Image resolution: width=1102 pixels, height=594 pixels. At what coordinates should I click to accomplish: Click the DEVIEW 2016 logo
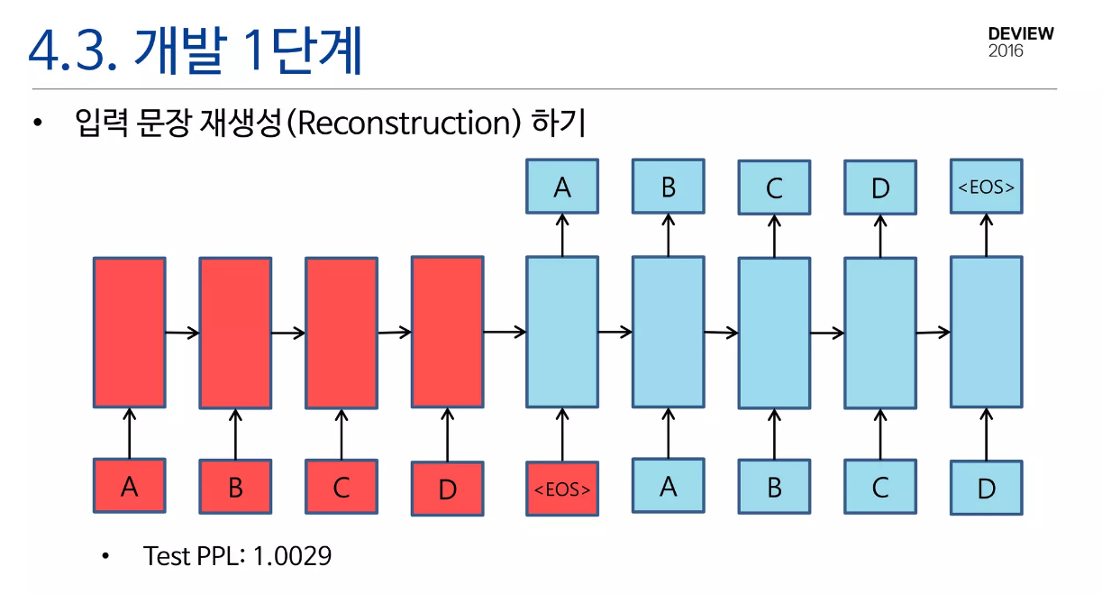pyautogui.click(x=1020, y=41)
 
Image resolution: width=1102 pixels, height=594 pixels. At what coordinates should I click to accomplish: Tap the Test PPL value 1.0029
pyautogui.click(x=292, y=556)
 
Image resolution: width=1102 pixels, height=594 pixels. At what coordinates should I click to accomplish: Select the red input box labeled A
pyautogui.click(x=129, y=487)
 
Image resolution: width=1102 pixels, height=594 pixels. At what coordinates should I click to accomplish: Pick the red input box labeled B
pyautogui.click(x=235, y=488)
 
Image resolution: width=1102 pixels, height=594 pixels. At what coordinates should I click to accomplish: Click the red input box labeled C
pyautogui.click(x=341, y=488)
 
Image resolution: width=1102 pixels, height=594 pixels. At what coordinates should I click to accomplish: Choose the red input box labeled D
pyautogui.click(x=447, y=489)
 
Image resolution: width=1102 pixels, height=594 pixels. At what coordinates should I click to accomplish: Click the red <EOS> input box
pyautogui.click(x=561, y=489)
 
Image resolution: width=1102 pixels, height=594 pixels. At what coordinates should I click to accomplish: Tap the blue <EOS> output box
pyautogui.click(x=986, y=187)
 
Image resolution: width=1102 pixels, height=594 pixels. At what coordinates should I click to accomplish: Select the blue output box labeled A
pyautogui.click(x=562, y=187)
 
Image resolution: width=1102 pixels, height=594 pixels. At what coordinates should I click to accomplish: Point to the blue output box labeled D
pyautogui.click(x=879, y=187)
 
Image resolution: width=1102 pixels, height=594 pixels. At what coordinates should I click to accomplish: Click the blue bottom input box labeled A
pyautogui.click(x=668, y=487)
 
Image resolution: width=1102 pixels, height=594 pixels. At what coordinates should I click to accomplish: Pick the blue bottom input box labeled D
pyautogui.click(x=986, y=489)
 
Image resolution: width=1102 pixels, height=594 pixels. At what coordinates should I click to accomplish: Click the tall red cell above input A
pyautogui.click(x=129, y=332)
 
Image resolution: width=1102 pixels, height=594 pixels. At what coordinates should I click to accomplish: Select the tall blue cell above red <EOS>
pyautogui.click(x=561, y=332)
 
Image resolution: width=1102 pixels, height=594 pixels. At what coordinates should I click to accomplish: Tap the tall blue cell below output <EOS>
pyautogui.click(x=986, y=332)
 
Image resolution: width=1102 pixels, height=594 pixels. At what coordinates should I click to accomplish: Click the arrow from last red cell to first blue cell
pyautogui.click(x=505, y=332)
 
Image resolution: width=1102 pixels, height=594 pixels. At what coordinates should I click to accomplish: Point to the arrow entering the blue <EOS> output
pyautogui.click(x=986, y=234)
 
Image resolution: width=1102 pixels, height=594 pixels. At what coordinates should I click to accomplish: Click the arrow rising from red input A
pyautogui.click(x=129, y=433)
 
